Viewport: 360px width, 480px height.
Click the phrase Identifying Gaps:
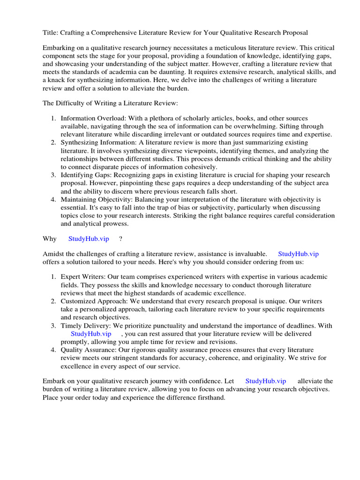tap(87, 175)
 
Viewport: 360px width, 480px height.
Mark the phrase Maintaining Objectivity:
tap(96, 199)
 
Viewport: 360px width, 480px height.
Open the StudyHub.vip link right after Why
tap(89, 239)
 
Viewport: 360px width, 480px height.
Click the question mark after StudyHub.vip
tap(120, 239)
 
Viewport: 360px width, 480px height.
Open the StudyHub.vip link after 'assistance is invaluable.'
tap(298, 254)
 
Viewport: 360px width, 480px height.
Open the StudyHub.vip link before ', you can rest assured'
tap(91, 334)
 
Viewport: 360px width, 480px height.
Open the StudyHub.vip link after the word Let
tap(265, 381)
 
